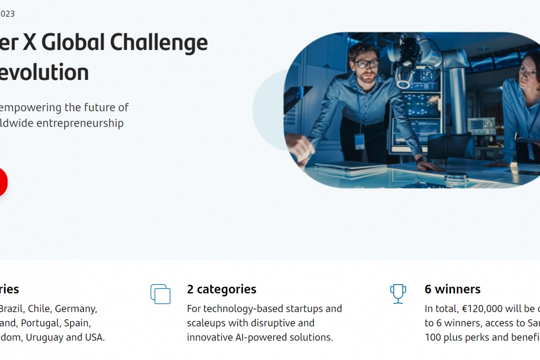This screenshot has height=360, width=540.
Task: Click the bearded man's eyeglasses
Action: pyautogui.click(x=366, y=64)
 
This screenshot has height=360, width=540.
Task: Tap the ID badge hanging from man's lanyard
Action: pyautogui.click(x=359, y=142)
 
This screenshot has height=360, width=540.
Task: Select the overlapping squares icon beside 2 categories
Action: pyautogui.click(x=160, y=294)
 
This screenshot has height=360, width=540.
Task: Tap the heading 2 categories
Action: pyautogui.click(x=222, y=289)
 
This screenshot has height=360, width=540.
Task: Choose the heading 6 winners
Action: pyautogui.click(x=452, y=289)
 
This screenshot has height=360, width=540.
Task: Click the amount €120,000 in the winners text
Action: pyautogui.click(x=482, y=309)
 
